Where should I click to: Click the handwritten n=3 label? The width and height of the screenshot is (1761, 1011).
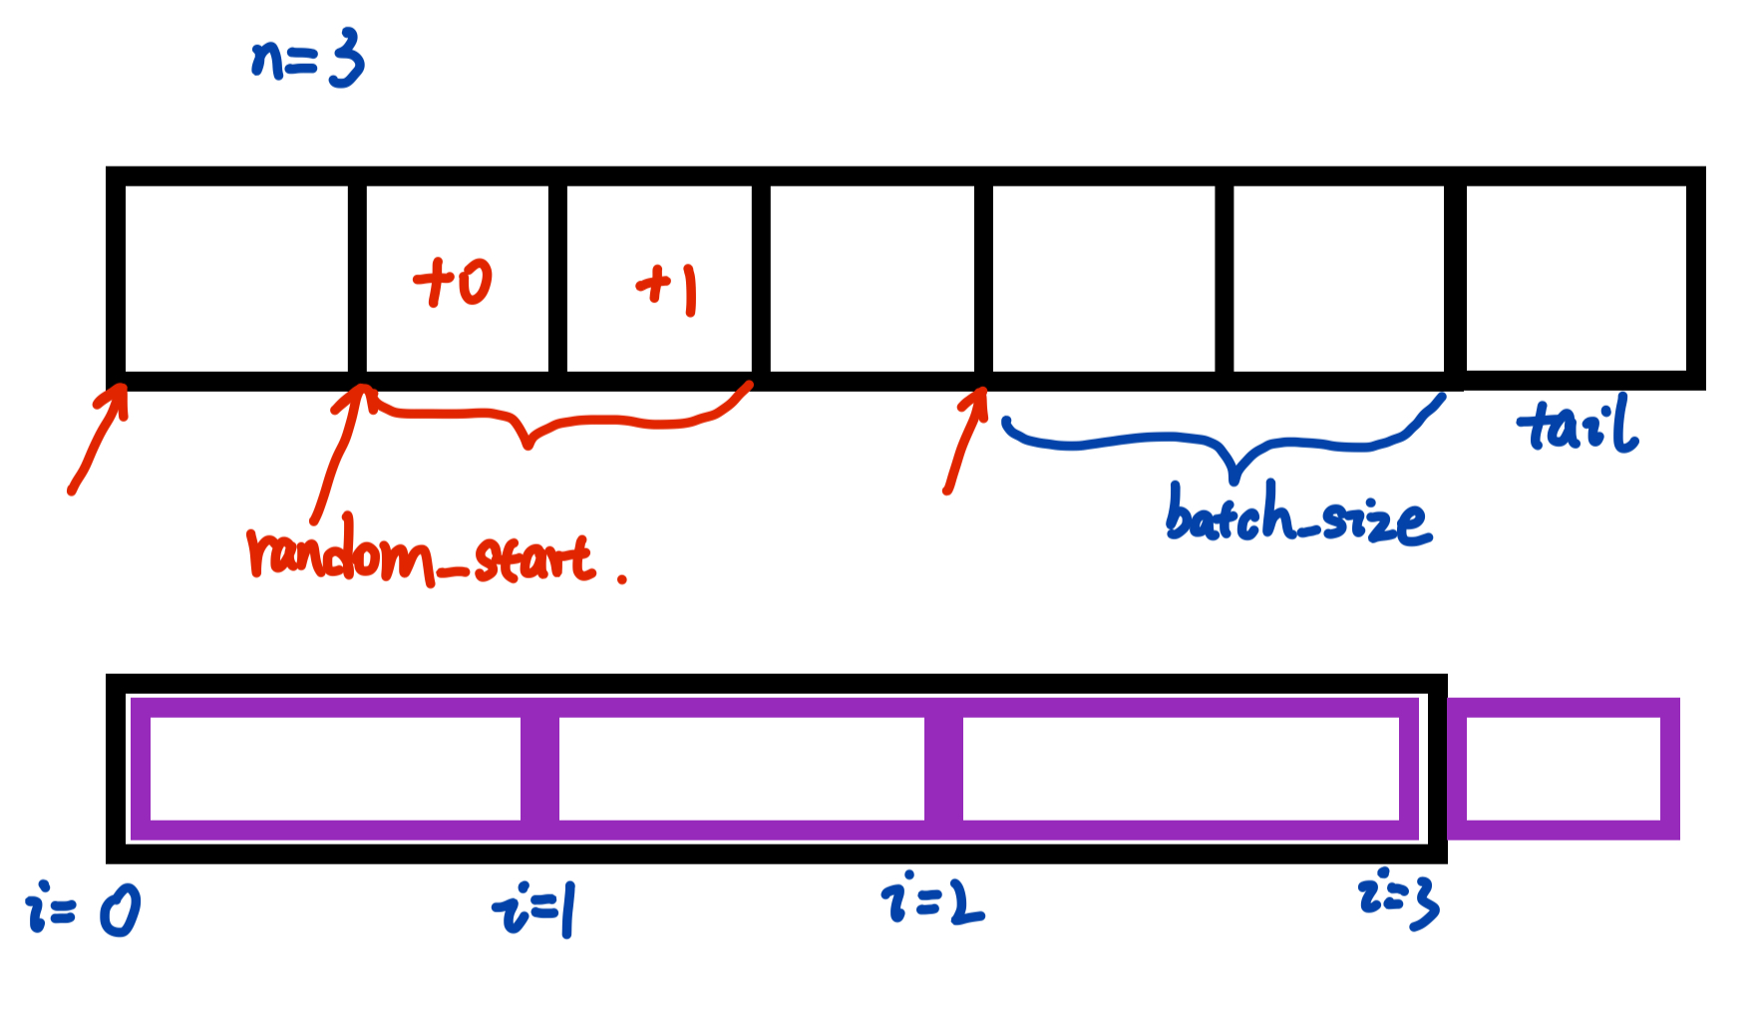tap(307, 60)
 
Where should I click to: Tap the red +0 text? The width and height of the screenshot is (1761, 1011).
tap(453, 282)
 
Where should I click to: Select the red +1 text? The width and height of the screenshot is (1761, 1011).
tap(667, 288)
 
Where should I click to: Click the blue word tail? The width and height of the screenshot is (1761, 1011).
tap(1577, 424)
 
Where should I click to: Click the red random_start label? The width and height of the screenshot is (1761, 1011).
tap(420, 553)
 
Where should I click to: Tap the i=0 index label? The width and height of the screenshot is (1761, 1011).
tap(83, 909)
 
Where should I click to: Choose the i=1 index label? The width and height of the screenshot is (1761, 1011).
tap(533, 910)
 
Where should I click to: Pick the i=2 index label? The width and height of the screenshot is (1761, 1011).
tap(932, 899)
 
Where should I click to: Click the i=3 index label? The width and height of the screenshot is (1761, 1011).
tap(1399, 898)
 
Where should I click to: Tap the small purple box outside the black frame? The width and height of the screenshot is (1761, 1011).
tap(1563, 769)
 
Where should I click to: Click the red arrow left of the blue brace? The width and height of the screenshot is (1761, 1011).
tap(965, 439)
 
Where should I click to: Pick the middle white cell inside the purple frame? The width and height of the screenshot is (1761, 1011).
tap(741, 768)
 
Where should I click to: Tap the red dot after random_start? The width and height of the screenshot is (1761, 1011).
tap(622, 578)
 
